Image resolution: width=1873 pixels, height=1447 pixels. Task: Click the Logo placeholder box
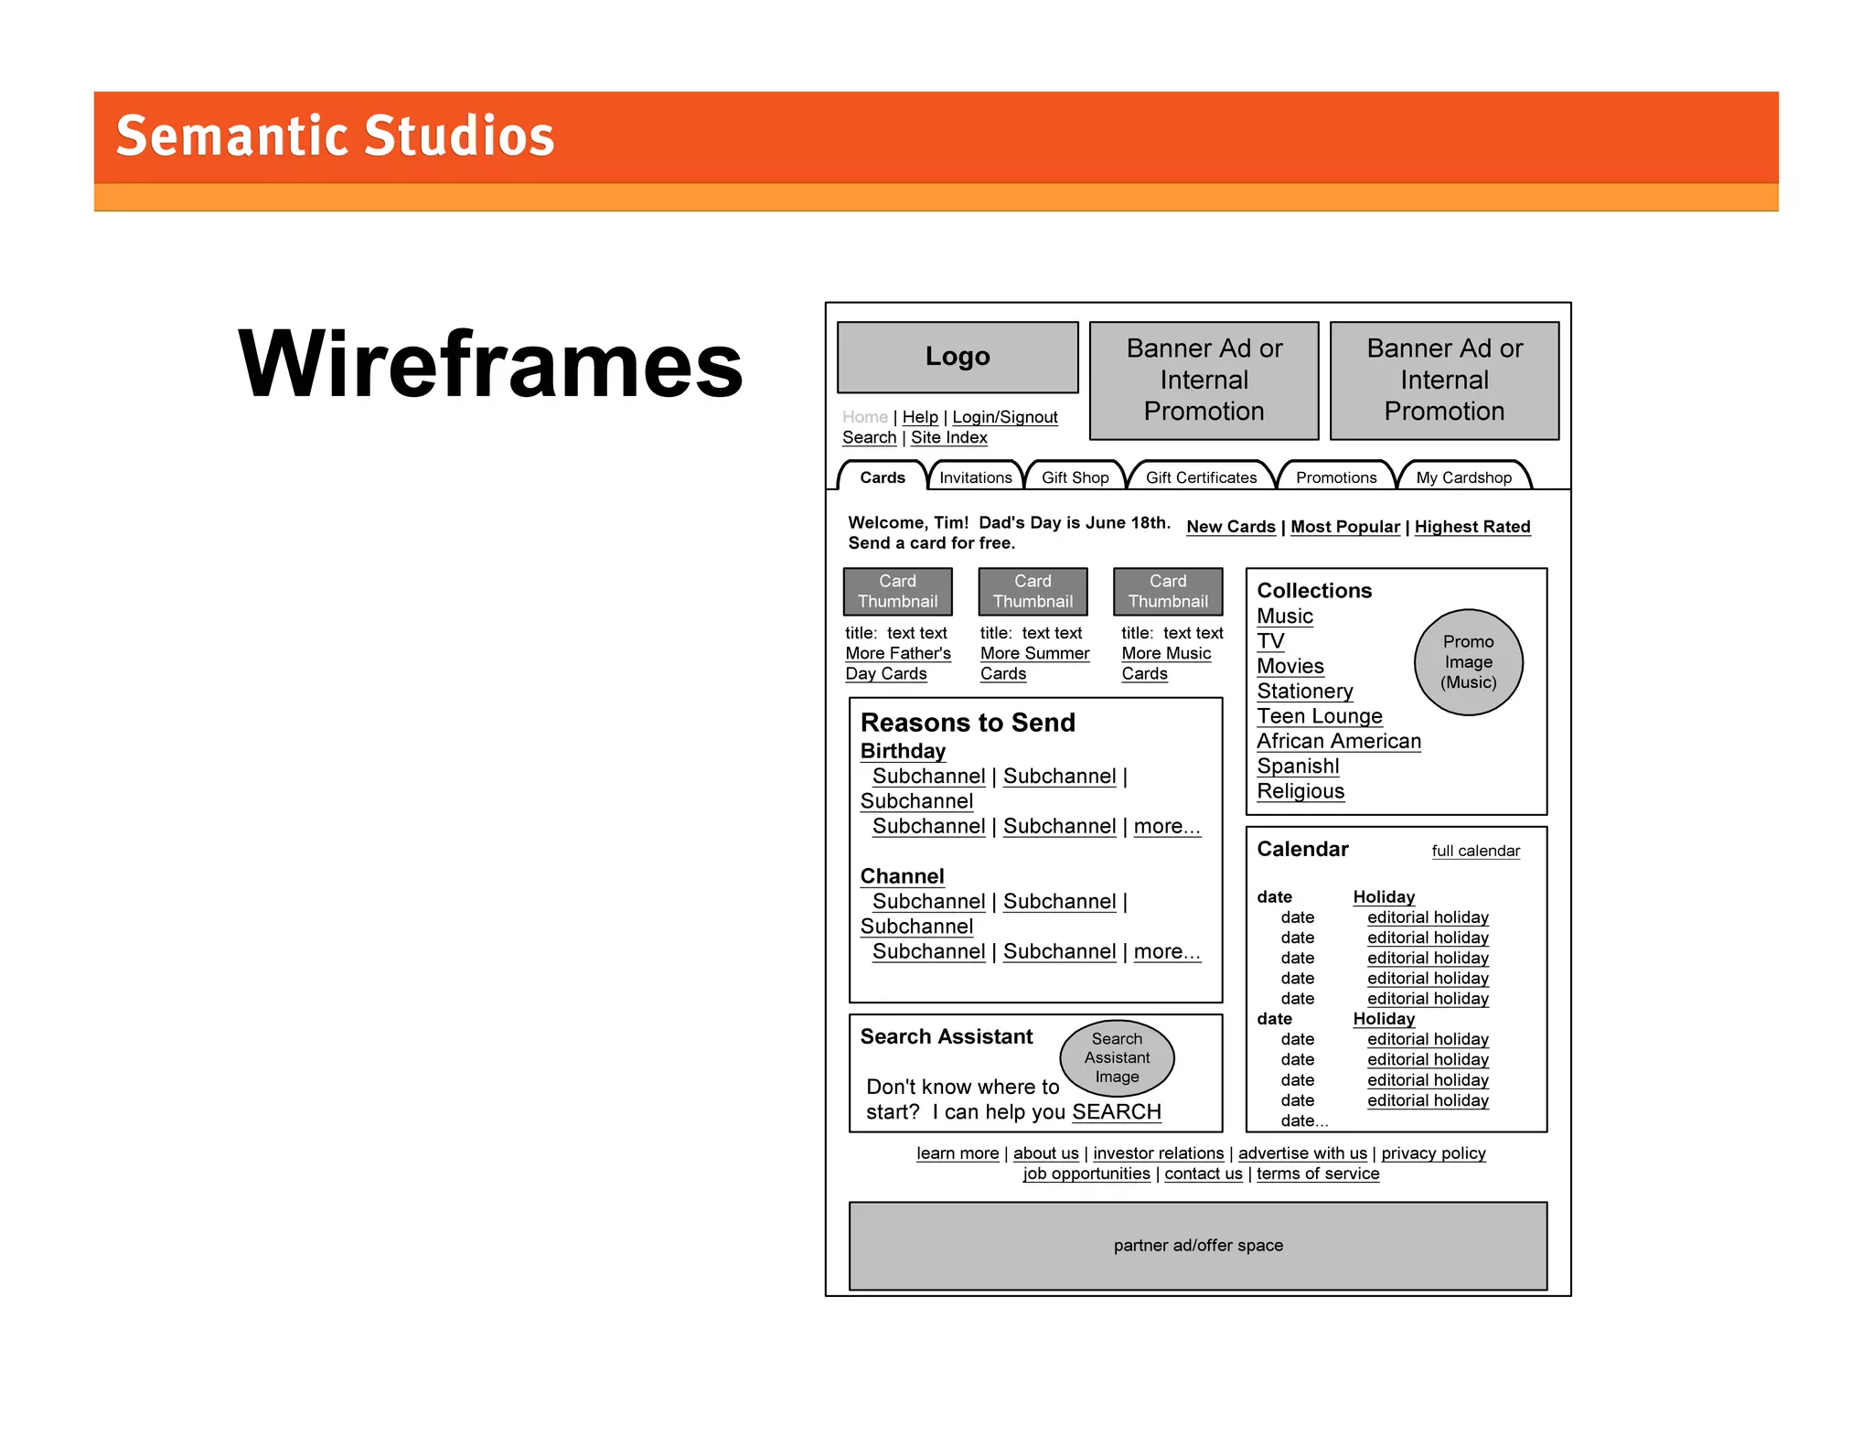(957, 357)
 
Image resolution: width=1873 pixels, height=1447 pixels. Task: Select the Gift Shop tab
(1075, 477)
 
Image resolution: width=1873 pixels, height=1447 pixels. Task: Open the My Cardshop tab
(1463, 477)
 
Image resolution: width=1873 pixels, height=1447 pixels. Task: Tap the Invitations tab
(975, 477)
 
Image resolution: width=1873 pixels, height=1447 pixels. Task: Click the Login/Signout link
(1004, 417)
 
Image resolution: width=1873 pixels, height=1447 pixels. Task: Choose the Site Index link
(948, 437)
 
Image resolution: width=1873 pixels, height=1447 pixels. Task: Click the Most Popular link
(1344, 527)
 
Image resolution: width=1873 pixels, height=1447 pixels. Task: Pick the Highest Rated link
(1472, 527)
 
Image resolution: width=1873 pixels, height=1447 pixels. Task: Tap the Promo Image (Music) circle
(1468, 662)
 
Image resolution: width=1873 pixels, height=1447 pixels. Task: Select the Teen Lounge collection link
(1319, 716)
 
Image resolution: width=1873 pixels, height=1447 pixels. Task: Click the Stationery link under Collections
(1304, 691)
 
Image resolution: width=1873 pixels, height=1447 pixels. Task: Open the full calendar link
(1475, 851)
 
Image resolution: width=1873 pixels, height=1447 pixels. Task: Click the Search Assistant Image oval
(1117, 1058)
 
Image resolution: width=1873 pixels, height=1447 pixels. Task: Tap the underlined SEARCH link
(1116, 1112)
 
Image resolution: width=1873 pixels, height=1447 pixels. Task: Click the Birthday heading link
(903, 751)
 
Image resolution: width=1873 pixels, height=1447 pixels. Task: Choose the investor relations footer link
(1158, 1153)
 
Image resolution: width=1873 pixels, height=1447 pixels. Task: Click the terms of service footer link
(1317, 1174)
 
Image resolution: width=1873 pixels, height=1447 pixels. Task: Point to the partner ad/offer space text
(1198, 1246)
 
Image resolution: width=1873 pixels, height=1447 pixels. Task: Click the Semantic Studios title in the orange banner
(335, 136)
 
